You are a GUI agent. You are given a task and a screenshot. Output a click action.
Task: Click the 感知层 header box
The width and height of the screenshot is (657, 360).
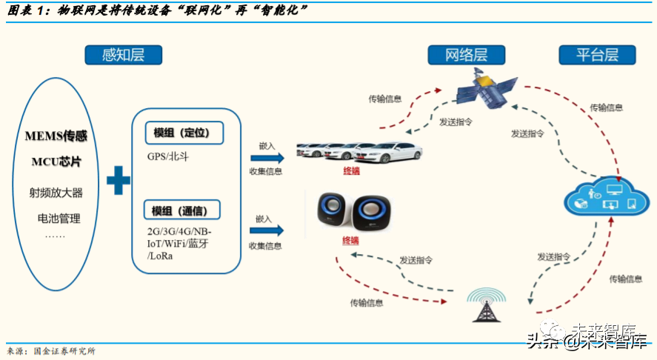tap(123, 55)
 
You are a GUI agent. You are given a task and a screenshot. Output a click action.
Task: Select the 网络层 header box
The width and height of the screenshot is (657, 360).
tap(466, 55)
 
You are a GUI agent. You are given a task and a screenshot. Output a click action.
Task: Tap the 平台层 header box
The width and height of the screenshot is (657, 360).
tap(596, 54)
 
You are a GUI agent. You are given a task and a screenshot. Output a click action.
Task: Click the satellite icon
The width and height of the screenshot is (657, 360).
tap(484, 89)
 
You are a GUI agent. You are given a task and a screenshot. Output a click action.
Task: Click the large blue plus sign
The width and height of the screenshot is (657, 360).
tap(118, 180)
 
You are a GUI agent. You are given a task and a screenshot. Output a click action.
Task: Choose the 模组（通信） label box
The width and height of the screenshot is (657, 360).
tap(182, 211)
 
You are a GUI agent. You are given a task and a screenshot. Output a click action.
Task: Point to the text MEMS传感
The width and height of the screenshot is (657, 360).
tap(56, 137)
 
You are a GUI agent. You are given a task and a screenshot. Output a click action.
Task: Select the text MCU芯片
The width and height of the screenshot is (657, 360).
tap(56, 161)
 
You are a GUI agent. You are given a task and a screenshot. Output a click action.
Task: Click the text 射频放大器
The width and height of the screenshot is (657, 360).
tap(56, 193)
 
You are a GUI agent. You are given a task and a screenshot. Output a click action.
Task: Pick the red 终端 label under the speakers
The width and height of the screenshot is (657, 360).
tap(350, 241)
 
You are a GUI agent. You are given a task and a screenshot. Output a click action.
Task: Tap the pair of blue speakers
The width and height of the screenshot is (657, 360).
tap(353, 212)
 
